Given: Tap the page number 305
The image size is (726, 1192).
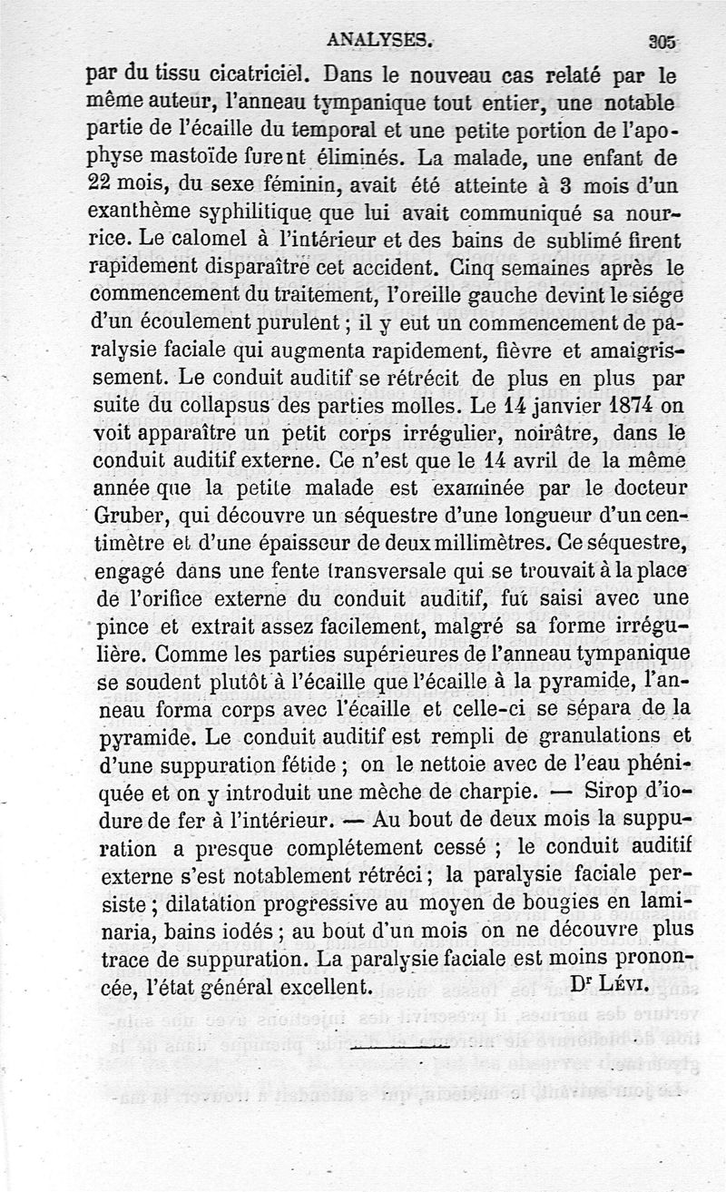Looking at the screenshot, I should click(x=664, y=41).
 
